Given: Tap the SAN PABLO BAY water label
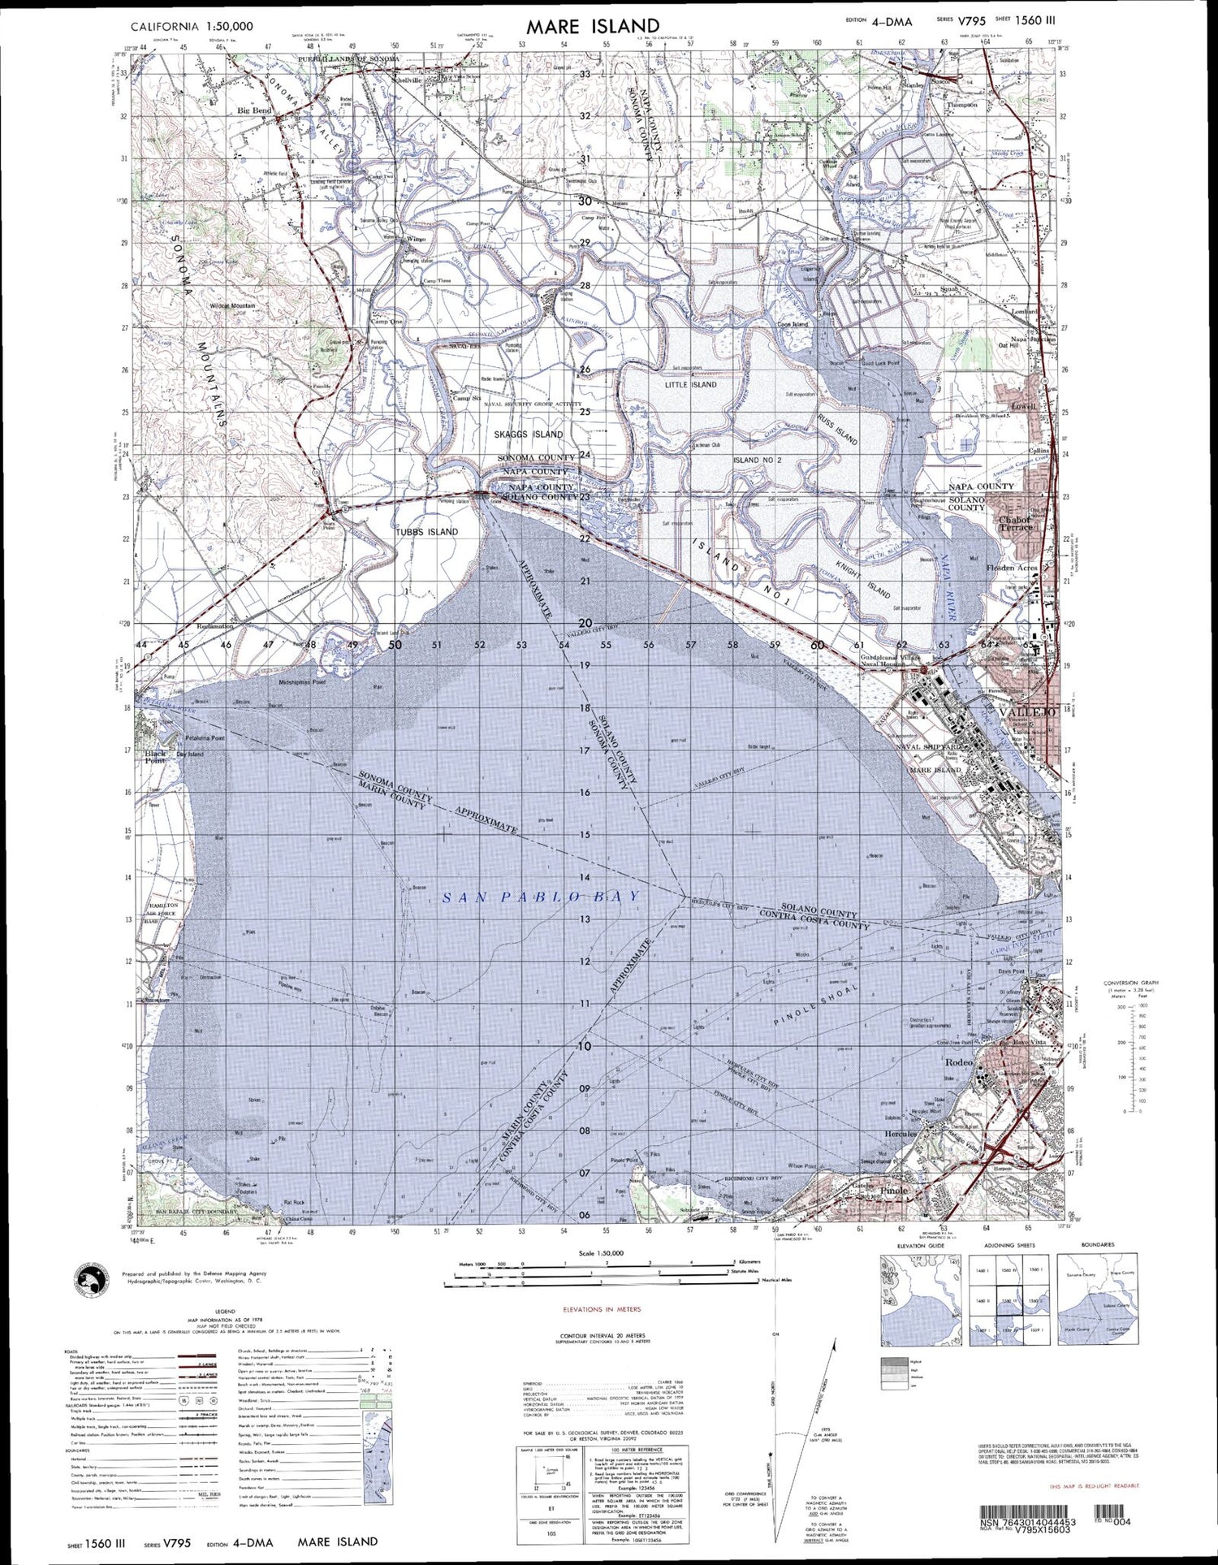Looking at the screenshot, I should pos(542,897).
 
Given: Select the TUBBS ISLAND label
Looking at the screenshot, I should pos(427,532).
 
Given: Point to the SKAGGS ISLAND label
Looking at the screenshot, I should pos(529,434).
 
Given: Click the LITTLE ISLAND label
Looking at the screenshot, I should pos(691,385).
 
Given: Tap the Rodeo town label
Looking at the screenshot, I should pos(959,1062).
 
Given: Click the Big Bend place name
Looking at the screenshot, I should pos(254,110).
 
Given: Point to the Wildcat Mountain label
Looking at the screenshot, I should pos(232,306).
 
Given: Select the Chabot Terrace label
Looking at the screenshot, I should pos(1015,524).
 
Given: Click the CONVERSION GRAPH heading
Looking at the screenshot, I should pos(1131,983).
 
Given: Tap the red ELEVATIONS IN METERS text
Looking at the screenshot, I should pos(602,1309).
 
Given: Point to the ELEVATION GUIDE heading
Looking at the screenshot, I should pos(920,1245).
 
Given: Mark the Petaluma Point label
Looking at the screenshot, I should pos(205,738).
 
